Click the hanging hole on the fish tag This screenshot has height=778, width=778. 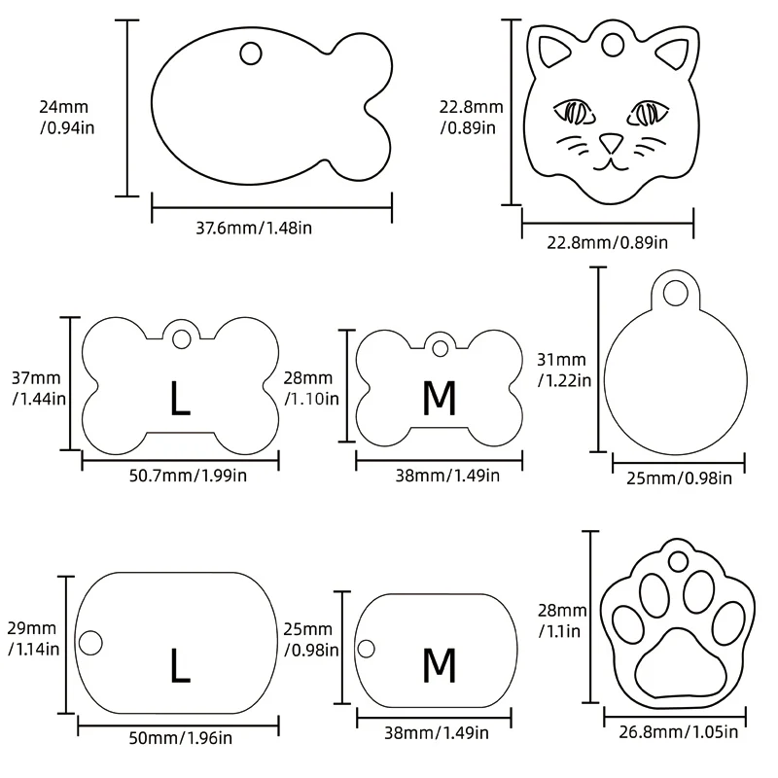pyautogui.click(x=251, y=52)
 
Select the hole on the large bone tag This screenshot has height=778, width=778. pyautogui.click(x=181, y=339)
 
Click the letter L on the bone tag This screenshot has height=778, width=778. pyautogui.click(x=180, y=399)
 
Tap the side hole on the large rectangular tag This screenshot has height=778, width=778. pyautogui.click(x=89, y=642)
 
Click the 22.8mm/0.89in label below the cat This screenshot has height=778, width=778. pyautogui.click(x=608, y=239)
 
